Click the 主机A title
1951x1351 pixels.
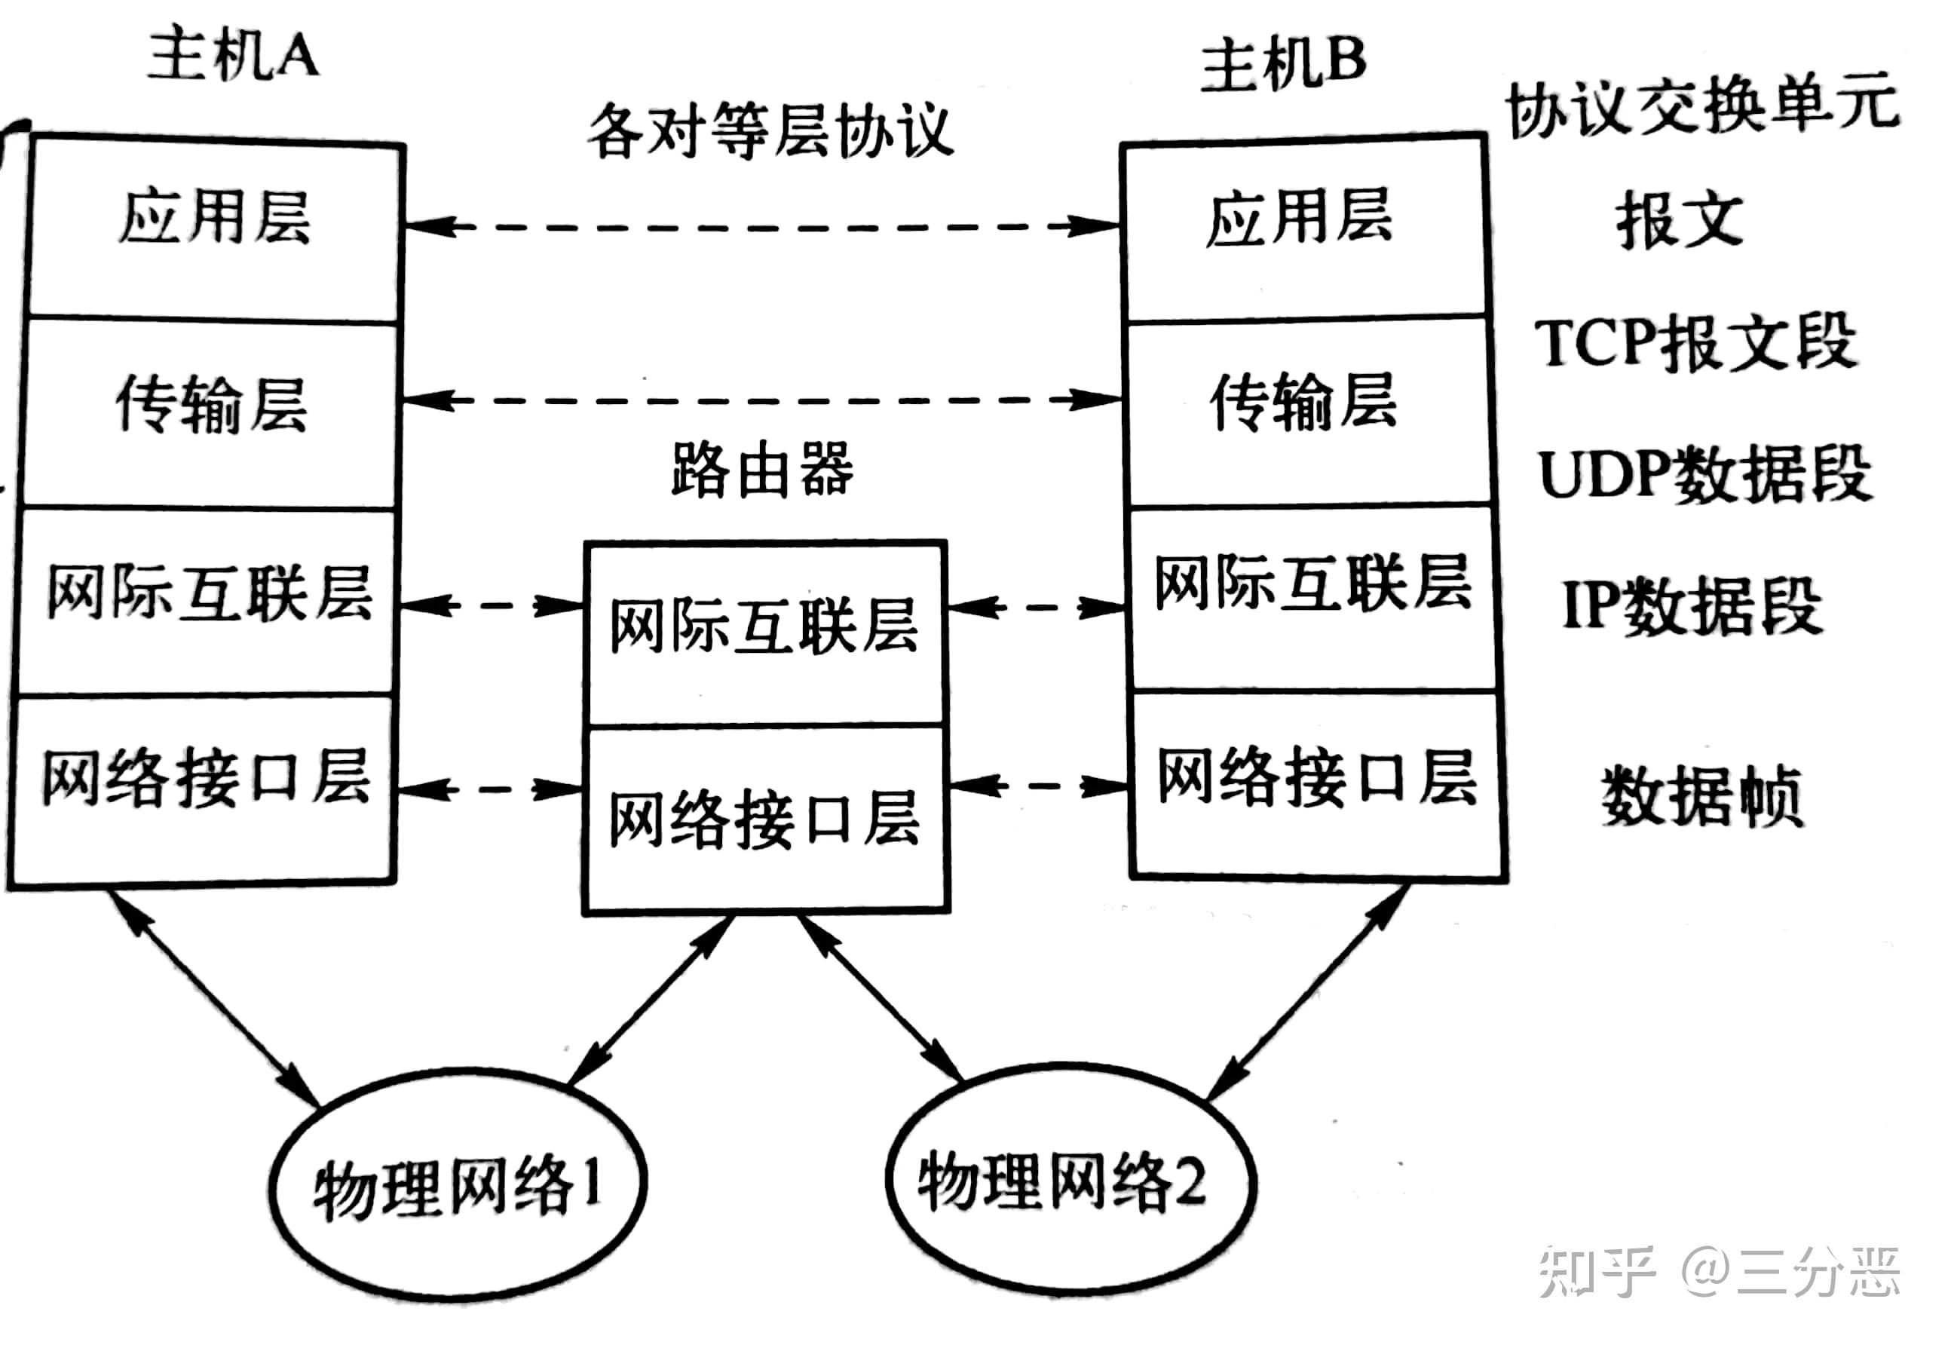point(233,55)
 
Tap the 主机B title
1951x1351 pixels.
point(1282,63)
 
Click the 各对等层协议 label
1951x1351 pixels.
point(770,131)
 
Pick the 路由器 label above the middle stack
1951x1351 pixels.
point(761,470)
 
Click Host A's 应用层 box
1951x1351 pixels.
point(214,228)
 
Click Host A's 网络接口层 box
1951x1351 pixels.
point(203,787)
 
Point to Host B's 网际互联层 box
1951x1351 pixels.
point(1312,597)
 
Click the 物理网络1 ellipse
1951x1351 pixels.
point(458,1185)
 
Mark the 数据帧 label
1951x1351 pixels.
point(1701,795)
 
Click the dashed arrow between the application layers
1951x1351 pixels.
point(761,227)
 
